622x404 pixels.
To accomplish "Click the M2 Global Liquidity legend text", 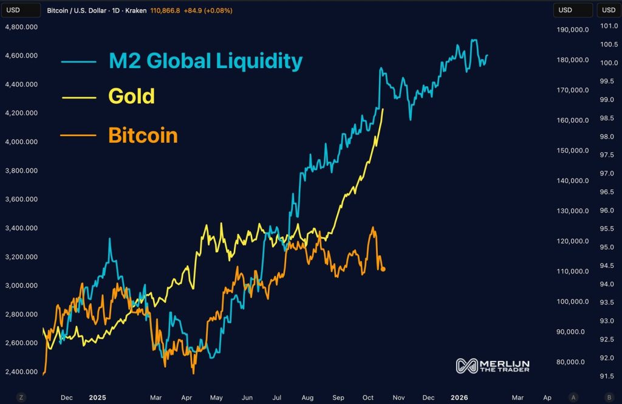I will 205,61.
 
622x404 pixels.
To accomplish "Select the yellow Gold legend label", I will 131,96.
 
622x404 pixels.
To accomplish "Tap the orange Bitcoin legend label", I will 143,135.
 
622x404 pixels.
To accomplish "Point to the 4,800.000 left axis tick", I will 21,27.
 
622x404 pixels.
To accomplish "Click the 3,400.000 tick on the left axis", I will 21,228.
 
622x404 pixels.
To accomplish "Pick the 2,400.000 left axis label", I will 21,372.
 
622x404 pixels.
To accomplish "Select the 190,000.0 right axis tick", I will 572,29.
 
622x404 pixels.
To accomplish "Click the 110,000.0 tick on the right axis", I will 572,272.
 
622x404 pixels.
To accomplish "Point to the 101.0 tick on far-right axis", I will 609,26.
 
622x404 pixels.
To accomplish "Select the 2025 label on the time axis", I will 97,398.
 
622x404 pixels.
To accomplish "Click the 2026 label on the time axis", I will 459,398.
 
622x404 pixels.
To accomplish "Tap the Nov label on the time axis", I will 398,398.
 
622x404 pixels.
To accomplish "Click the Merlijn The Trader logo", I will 493,366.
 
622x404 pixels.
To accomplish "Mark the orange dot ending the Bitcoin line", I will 383,269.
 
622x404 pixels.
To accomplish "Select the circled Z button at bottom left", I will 21,397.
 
